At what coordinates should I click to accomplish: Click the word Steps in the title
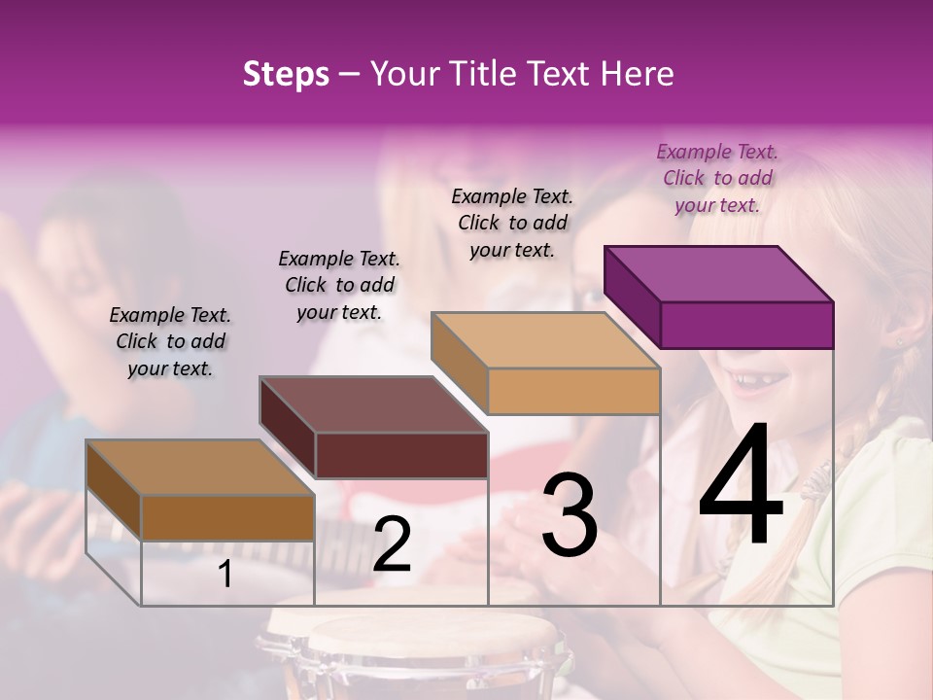tap(286, 74)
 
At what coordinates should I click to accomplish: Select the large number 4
tap(741, 486)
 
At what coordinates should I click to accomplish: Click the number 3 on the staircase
tap(570, 515)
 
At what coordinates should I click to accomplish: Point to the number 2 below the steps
tap(392, 544)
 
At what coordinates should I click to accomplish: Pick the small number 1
tap(225, 574)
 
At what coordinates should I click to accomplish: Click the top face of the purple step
tap(718, 274)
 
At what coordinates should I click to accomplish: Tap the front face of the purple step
tap(746, 325)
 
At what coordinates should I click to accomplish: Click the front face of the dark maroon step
tap(401, 455)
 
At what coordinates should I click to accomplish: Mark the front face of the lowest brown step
tap(228, 517)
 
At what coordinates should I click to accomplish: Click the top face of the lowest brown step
tap(199, 468)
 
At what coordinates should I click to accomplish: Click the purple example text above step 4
tap(717, 178)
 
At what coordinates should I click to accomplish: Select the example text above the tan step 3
tap(512, 223)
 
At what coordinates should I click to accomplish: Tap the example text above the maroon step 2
tap(339, 285)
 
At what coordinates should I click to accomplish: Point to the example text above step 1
tap(170, 341)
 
